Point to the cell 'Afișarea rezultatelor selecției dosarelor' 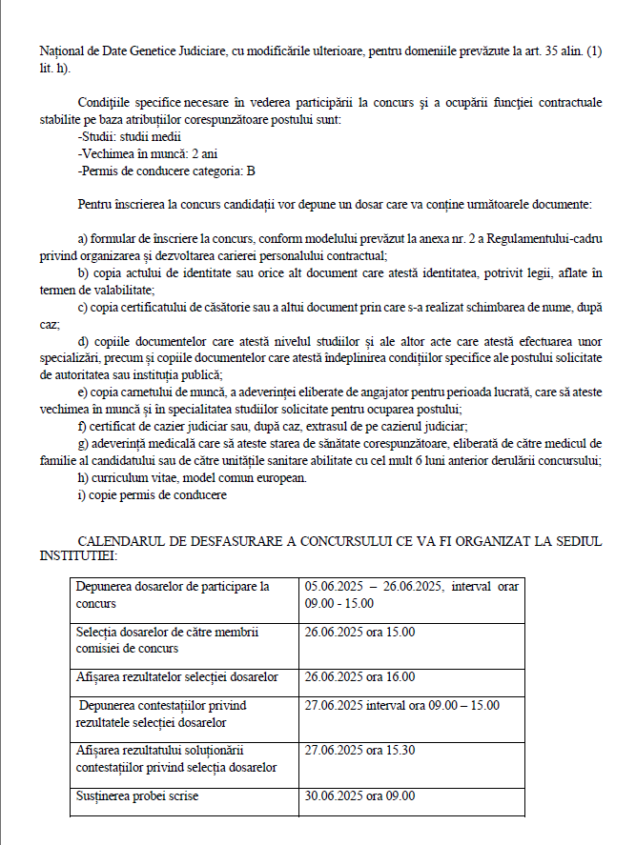(176, 677)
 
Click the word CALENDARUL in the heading (117, 541)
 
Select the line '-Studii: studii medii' (129, 136)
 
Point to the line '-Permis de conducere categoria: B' (166, 171)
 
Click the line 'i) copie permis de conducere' (152, 494)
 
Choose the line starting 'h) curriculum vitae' (192, 477)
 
